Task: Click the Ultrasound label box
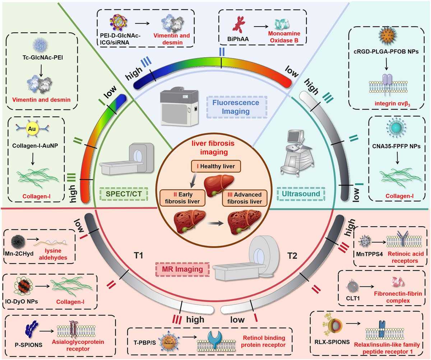click(x=301, y=194)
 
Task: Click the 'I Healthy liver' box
click(x=215, y=167)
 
